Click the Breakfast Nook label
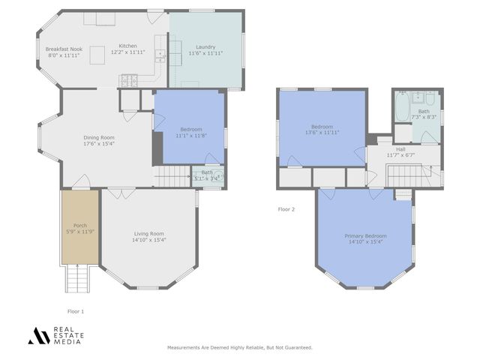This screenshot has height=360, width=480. tap(63, 49)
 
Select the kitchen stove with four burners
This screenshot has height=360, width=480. tap(128, 79)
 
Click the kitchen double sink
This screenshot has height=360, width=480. tap(160, 55)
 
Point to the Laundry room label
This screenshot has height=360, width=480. tap(205, 46)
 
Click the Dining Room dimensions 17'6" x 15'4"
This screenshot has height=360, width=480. tap(98, 143)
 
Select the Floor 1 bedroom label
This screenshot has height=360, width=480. tap(188, 129)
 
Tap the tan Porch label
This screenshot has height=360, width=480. tap(79, 226)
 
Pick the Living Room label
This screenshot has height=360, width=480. tap(149, 233)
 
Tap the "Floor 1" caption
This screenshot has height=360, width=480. tap(76, 310)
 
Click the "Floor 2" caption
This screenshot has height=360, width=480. tap(286, 209)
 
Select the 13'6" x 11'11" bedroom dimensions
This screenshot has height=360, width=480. tap(322, 132)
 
